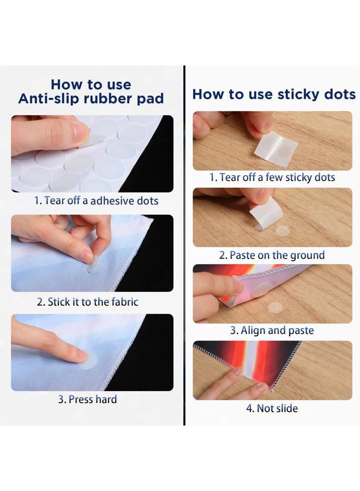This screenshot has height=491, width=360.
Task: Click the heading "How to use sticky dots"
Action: point(274,94)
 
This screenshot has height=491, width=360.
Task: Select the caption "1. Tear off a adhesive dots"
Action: point(96,200)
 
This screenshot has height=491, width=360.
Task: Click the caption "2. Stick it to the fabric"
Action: point(87,302)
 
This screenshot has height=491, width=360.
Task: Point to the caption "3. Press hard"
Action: point(87,399)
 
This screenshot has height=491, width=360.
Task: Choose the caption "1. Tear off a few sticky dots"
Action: point(272,177)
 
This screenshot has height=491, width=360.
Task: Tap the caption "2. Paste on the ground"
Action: point(272,255)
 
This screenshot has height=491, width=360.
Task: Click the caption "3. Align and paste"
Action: point(272,331)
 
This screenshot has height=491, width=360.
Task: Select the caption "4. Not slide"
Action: point(272,408)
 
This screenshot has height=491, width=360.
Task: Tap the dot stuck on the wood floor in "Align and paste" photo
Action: point(275,308)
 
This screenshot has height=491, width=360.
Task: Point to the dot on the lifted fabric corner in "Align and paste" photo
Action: point(261,289)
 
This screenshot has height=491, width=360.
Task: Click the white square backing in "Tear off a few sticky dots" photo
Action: point(275,147)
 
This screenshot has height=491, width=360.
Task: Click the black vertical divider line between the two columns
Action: point(184,245)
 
